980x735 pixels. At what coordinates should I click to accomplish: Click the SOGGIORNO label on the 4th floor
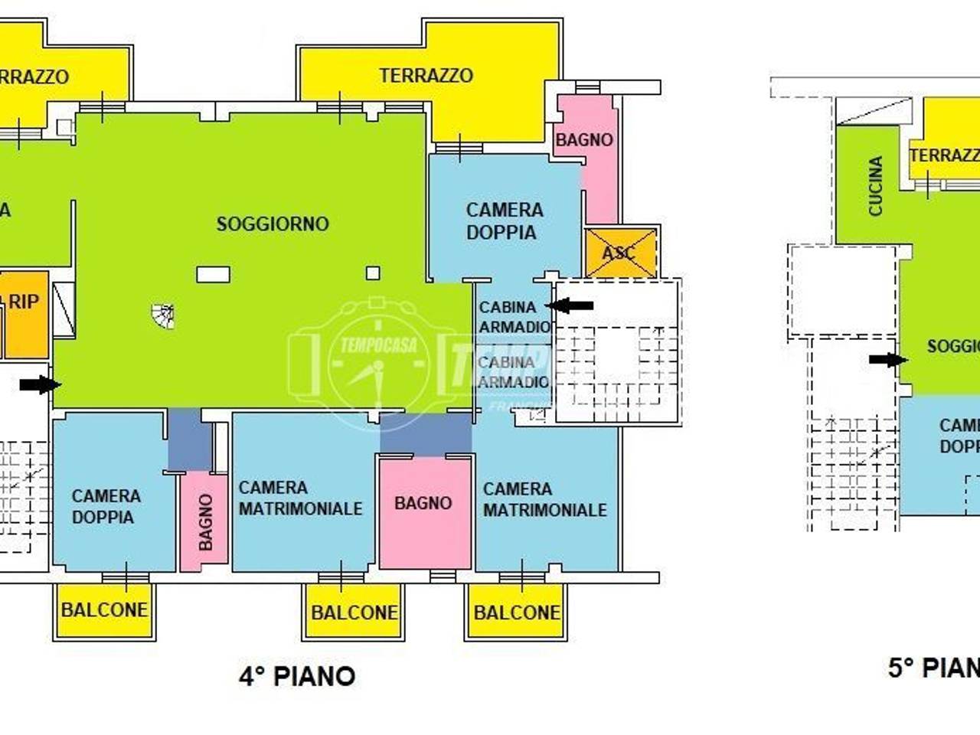(x=273, y=224)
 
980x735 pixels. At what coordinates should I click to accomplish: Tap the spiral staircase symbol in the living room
(x=163, y=315)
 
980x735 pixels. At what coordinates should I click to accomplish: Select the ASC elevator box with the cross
(x=620, y=253)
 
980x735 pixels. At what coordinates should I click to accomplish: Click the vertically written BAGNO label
(x=205, y=521)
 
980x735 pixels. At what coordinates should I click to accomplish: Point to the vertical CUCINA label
(x=876, y=186)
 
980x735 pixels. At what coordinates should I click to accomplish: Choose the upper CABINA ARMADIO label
(x=514, y=316)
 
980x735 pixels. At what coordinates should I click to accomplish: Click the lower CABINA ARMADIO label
(x=513, y=371)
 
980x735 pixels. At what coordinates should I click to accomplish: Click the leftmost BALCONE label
(x=104, y=610)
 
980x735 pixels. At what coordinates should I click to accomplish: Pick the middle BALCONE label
(x=354, y=612)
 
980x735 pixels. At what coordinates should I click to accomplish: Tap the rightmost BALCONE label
(x=517, y=612)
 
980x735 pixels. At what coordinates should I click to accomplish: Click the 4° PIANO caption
(x=297, y=676)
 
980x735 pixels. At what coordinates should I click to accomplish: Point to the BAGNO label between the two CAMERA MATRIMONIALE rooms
(x=423, y=503)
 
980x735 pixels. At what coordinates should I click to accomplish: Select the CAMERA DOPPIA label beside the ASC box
(x=504, y=220)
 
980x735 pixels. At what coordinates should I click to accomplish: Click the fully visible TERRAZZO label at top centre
(x=426, y=75)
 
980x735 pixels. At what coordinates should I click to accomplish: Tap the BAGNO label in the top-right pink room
(x=584, y=140)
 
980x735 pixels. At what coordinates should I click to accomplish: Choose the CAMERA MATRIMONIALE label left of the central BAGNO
(x=300, y=498)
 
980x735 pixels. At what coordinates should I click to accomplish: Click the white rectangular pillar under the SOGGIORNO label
(x=213, y=274)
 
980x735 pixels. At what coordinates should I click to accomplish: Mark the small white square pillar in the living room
(x=373, y=273)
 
